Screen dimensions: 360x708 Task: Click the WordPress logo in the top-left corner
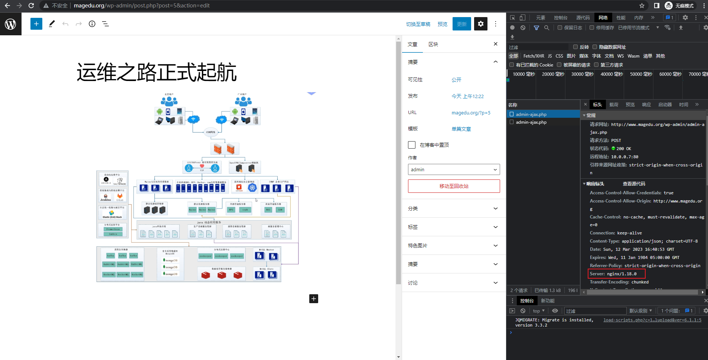(x=10, y=24)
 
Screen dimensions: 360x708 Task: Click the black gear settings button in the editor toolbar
(x=480, y=24)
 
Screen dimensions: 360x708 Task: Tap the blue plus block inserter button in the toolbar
(x=36, y=24)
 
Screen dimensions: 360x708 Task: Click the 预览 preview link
(x=442, y=24)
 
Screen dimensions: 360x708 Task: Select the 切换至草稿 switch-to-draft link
(x=418, y=24)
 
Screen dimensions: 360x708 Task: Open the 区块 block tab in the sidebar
(x=433, y=44)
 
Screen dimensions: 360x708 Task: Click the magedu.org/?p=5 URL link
(x=471, y=113)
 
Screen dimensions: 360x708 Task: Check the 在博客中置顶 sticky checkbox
(x=412, y=145)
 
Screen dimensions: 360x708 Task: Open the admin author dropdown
(x=454, y=169)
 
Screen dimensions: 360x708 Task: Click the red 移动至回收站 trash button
(x=454, y=186)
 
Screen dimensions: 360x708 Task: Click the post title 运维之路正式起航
(x=157, y=72)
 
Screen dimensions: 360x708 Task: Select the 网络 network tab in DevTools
(x=603, y=17)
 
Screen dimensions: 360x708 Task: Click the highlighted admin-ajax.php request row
(x=531, y=114)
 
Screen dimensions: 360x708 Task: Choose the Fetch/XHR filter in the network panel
(x=534, y=56)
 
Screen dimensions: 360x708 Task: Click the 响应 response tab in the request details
(x=646, y=105)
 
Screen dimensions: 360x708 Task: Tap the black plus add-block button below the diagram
(x=314, y=299)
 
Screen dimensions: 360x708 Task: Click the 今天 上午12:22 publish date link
(x=467, y=96)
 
